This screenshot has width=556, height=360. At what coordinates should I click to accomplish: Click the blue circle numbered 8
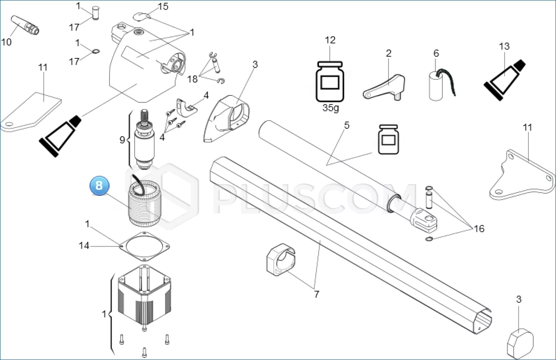pyautogui.click(x=99, y=185)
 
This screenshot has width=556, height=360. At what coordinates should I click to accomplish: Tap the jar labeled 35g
pyautogui.click(x=330, y=82)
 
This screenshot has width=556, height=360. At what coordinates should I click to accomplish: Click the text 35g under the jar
pyautogui.click(x=331, y=108)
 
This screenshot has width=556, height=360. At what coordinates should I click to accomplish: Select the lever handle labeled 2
pyautogui.click(x=384, y=87)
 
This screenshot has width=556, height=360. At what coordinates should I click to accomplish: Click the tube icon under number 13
pyautogui.click(x=504, y=80)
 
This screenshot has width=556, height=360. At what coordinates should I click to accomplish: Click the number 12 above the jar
pyautogui.click(x=330, y=40)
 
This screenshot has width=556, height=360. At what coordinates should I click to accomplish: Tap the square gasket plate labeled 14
pyautogui.click(x=144, y=247)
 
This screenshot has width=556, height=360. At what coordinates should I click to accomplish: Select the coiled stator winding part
pyautogui.click(x=144, y=202)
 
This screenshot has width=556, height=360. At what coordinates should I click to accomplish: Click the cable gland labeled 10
pyautogui.click(x=25, y=25)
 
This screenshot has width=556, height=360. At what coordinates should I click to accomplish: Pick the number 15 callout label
pyautogui.click(x=163, y=6)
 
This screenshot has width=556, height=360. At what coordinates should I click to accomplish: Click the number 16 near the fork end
pyautogui.click(x=479, y=229)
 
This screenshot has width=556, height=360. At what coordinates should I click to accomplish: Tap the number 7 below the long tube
pyautogui.click(x=316, y=294)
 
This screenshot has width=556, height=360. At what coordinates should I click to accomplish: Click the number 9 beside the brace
pyautogui.click(x=122, y=140)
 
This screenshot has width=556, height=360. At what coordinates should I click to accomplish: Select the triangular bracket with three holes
pyautogui.click(x=522, y=175)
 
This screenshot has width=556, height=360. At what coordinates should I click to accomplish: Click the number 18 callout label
pyautogui.click(x=192, y=79)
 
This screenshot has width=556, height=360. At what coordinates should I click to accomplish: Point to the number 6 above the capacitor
pyautogui.click(x=436, y=53)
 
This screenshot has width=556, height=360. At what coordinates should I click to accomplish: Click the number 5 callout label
pyautogui.click(x=347, y=125)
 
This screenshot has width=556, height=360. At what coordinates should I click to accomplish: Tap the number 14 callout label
pyautogui.click(x=84, y=246)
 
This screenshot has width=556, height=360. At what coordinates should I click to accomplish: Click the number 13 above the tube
pyautogui.click(x=504, y=46)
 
